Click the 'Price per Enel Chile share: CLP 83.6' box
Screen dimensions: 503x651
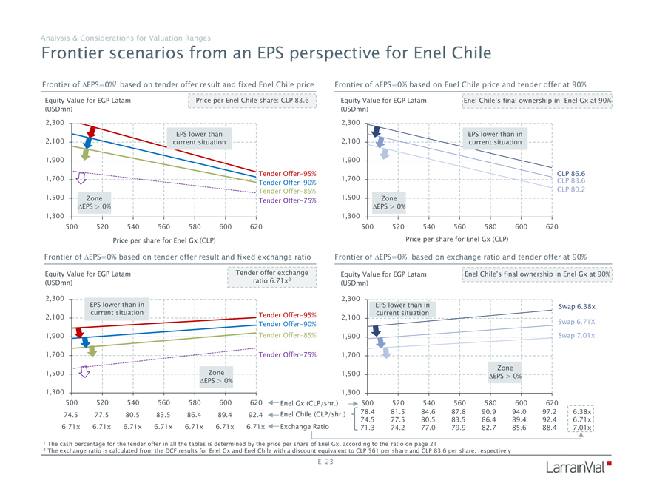(252, 99)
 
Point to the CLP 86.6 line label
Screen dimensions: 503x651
(570, 173)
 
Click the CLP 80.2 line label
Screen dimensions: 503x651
(570, 189)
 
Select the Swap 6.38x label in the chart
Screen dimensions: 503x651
(578, 306)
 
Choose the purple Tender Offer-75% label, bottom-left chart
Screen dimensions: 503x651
(288, 354)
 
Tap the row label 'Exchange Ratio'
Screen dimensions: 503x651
(306, 427)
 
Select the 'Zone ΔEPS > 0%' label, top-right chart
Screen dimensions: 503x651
(388, 202)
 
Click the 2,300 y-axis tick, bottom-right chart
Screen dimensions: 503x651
(351, 299)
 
